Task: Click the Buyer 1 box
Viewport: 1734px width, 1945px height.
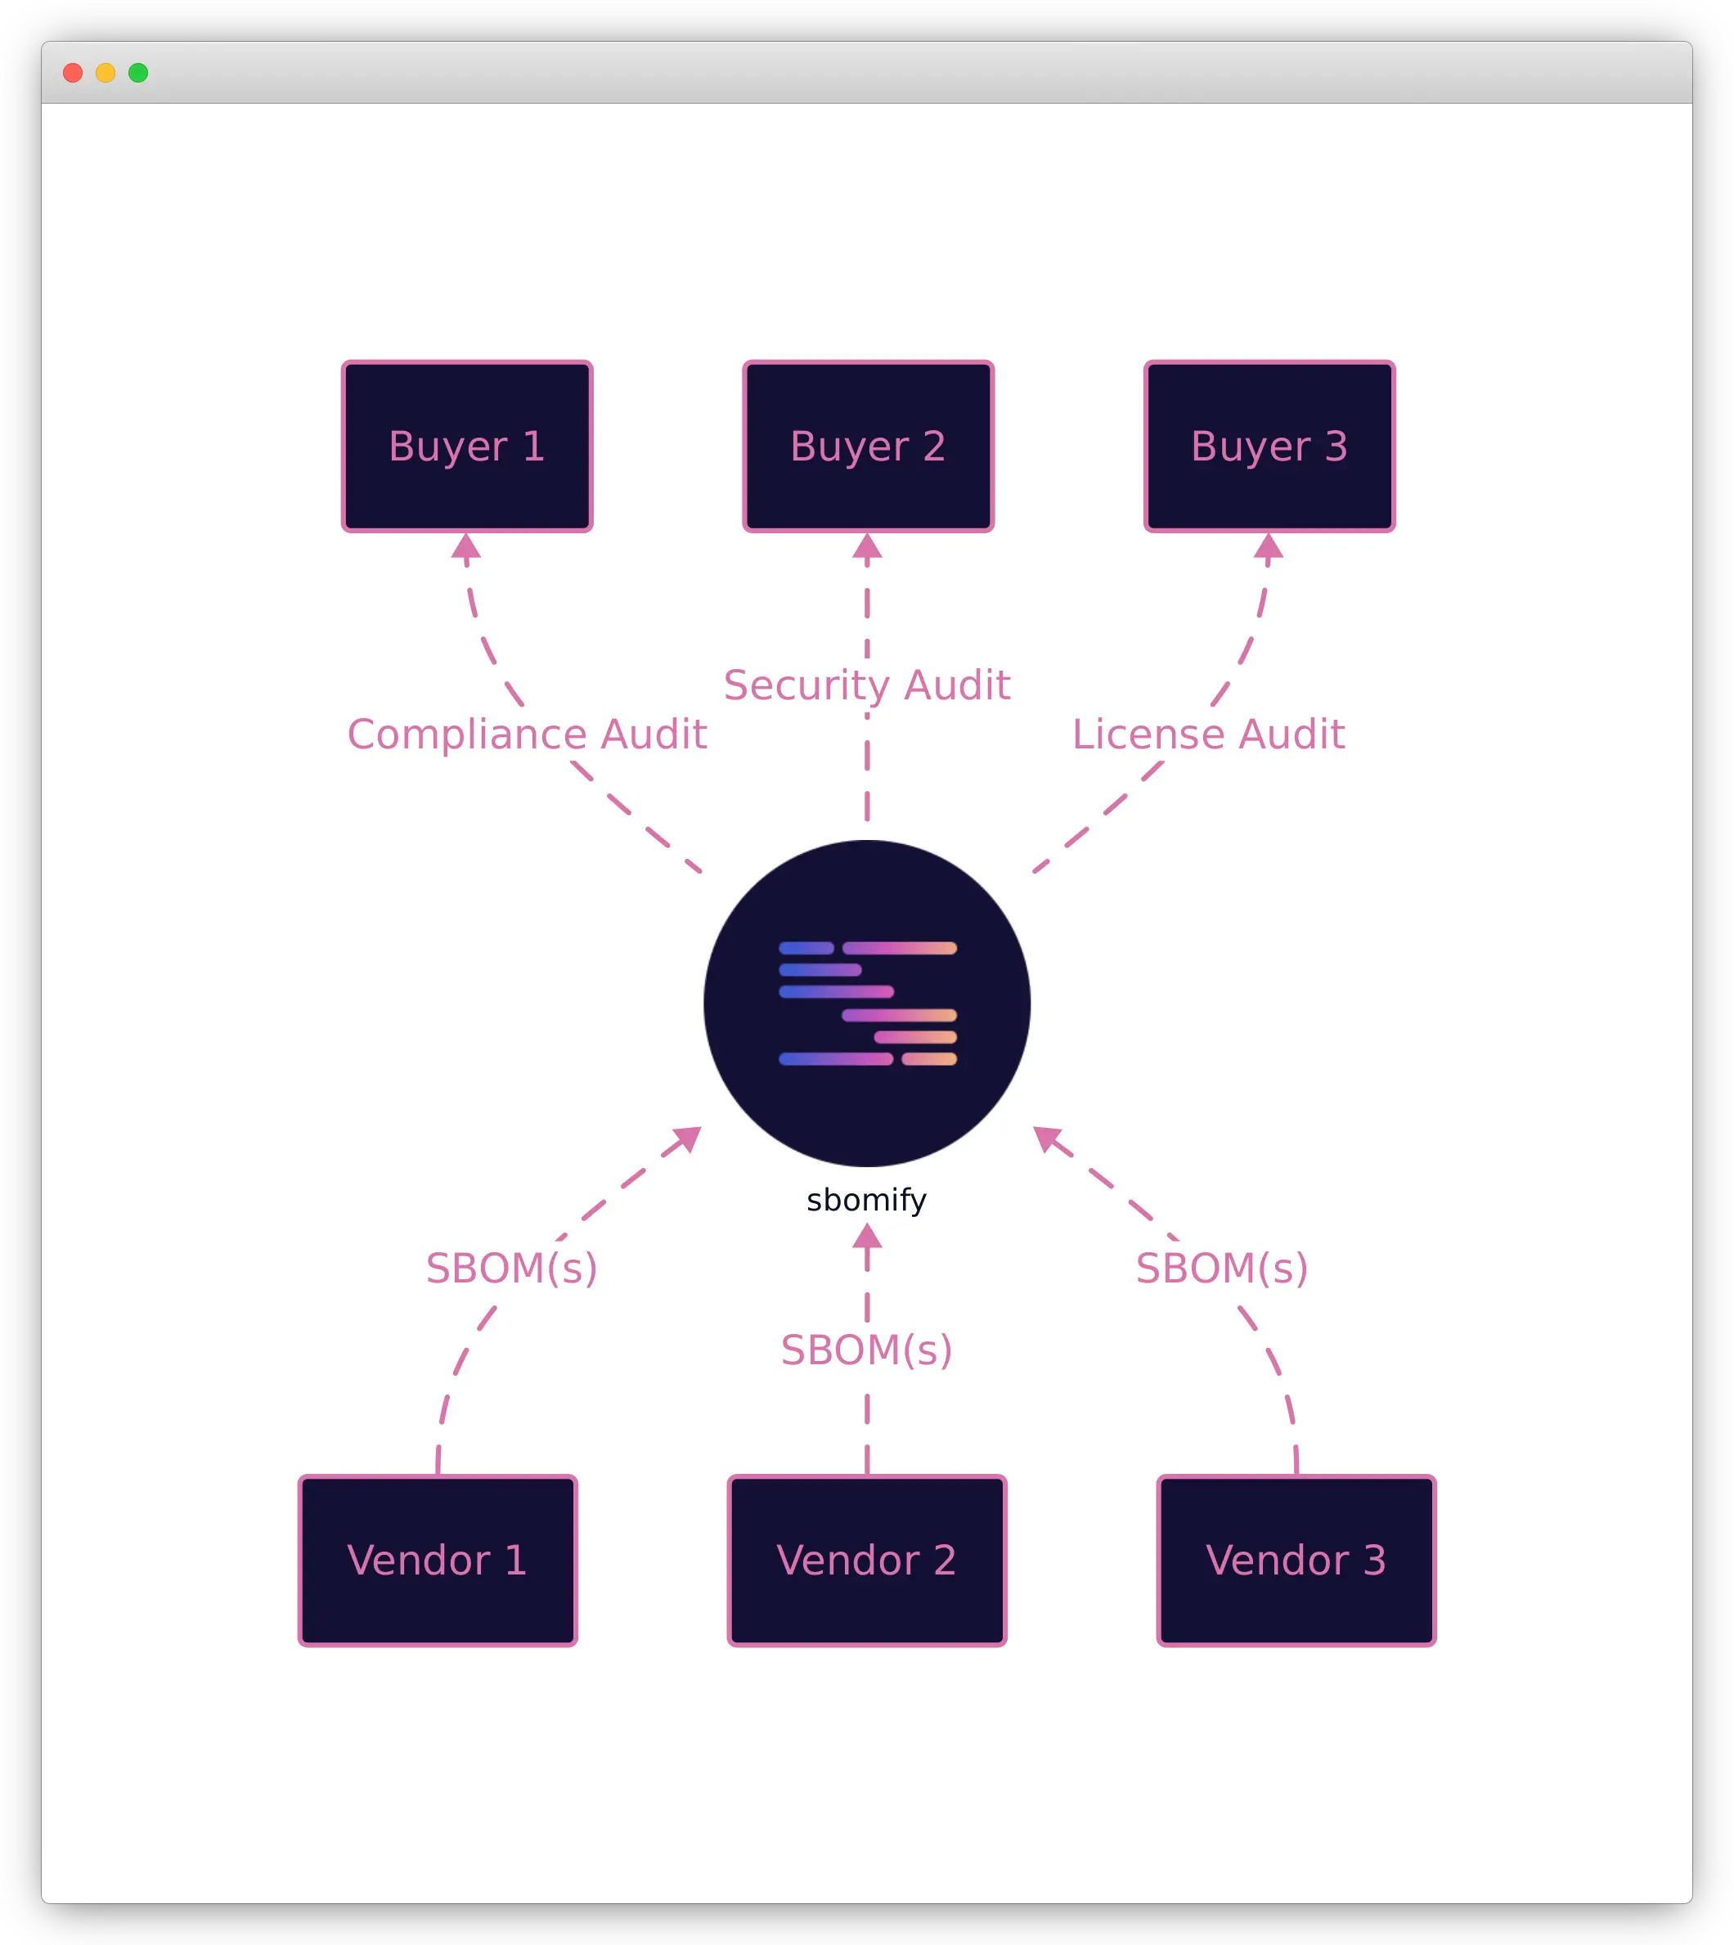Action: [x=467, y=447]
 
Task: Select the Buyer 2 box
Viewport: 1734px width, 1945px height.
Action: [x=868, y=447]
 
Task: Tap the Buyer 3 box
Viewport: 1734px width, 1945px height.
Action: [x=1269, y=447]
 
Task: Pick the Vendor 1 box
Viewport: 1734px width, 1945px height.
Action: [x=438, y=1561]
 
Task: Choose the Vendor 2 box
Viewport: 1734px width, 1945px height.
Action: [x=867, y=1561]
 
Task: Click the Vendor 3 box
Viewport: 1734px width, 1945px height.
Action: [x=1296, y=1561]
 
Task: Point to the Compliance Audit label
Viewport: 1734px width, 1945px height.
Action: [x=527, y=734]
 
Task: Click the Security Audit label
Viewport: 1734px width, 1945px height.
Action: [x=867, y=685]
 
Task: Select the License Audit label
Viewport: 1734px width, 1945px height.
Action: [x=1208, y=734]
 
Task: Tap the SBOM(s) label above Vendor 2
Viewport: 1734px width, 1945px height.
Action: [x=867, y=1350]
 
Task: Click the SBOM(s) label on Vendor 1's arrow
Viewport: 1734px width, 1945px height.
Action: [x=512, y=1268]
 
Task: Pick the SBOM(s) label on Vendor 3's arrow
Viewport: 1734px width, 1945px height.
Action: [x=1221, y=1268]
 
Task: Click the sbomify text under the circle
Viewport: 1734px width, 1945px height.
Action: [x=867, y=1200]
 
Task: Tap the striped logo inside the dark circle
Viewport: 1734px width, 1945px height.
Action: [x=868, y=1003]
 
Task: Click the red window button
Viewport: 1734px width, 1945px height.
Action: [x=73, y=74]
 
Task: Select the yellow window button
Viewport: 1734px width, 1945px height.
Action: [x=106, y=74]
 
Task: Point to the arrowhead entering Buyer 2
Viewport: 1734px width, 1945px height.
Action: [x=867, y=546]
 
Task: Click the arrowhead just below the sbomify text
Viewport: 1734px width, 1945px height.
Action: [x=867, y=1237]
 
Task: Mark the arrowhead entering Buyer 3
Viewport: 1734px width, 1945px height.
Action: [x=1268, y=546]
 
